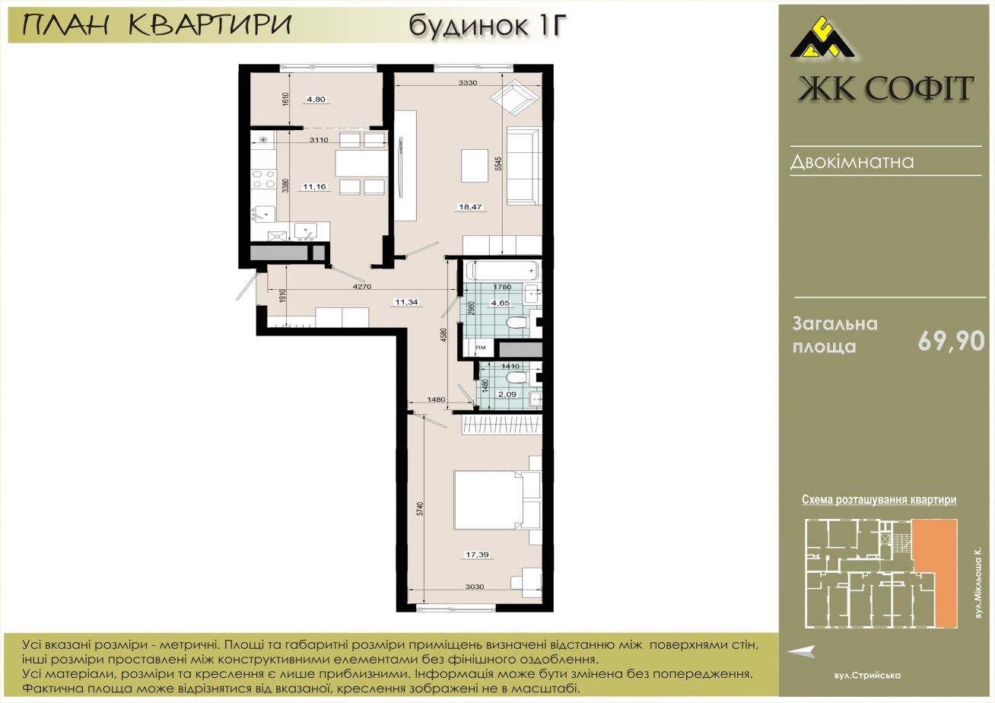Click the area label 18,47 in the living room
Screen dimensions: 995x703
click(x=470, y=207)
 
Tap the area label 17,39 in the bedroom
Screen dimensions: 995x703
click(x=477, y=555)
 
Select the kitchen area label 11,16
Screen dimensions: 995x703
click(x=314, y=186)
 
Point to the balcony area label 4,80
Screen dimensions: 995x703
click(x=316, y=100)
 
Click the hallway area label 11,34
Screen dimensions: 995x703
click(x=406, y=302)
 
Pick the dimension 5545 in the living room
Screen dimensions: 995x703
click(x=498, y=164)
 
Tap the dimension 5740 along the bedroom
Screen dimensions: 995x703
click(x=421, y=509)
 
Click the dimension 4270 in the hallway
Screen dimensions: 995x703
click(x=362, y=287)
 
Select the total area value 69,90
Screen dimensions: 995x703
click(x=951, y=342)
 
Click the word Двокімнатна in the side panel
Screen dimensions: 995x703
click(x=852, y=162)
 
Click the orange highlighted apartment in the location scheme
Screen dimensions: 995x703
click(x=935, y=573)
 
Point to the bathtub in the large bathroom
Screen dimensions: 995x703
click(x=502, y=270)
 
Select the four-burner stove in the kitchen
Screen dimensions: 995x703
click(x=263, y=179)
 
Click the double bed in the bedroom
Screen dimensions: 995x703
click(x=488, y=500)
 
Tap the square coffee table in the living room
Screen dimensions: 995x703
click(x=475, y=166)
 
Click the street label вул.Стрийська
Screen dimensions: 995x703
click(x=866, y=676)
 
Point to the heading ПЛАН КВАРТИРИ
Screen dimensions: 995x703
click(x=157, y=25)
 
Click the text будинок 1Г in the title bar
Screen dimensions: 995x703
click(x=488, y=26)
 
